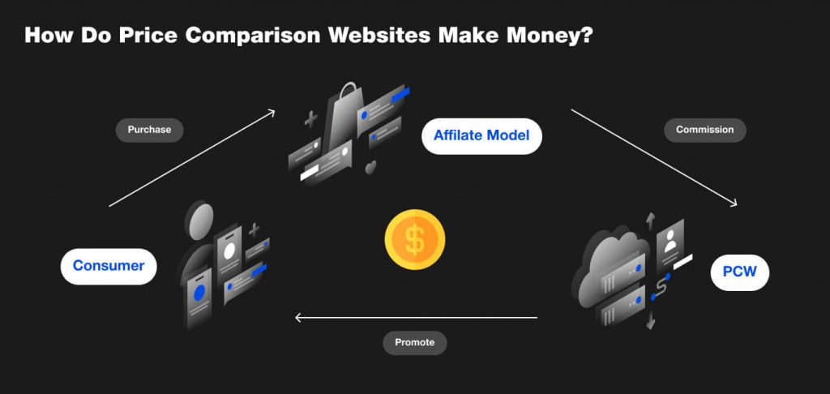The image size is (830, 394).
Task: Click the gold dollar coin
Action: [x=415, y=240]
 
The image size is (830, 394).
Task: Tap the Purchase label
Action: [x=149, y=130]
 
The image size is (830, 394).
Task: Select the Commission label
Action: [x=704, y=130]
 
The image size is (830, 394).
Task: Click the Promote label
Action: [x=414, y=342]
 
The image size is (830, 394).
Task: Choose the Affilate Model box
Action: [x=481, y=135]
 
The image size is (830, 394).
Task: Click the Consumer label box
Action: [x=109, y=266]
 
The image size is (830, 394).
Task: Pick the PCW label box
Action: [x=739, y=272]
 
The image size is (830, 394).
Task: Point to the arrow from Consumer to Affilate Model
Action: [x=192, y=158]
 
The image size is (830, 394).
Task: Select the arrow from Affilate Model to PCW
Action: [x=655, y=159]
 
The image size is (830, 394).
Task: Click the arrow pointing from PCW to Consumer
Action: [x=415, y=317]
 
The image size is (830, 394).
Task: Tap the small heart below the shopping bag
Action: [x=371, y=167]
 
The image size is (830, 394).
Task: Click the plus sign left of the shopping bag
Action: [x=310, y=120]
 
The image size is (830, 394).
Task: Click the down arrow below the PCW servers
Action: [x=650, y=322]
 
